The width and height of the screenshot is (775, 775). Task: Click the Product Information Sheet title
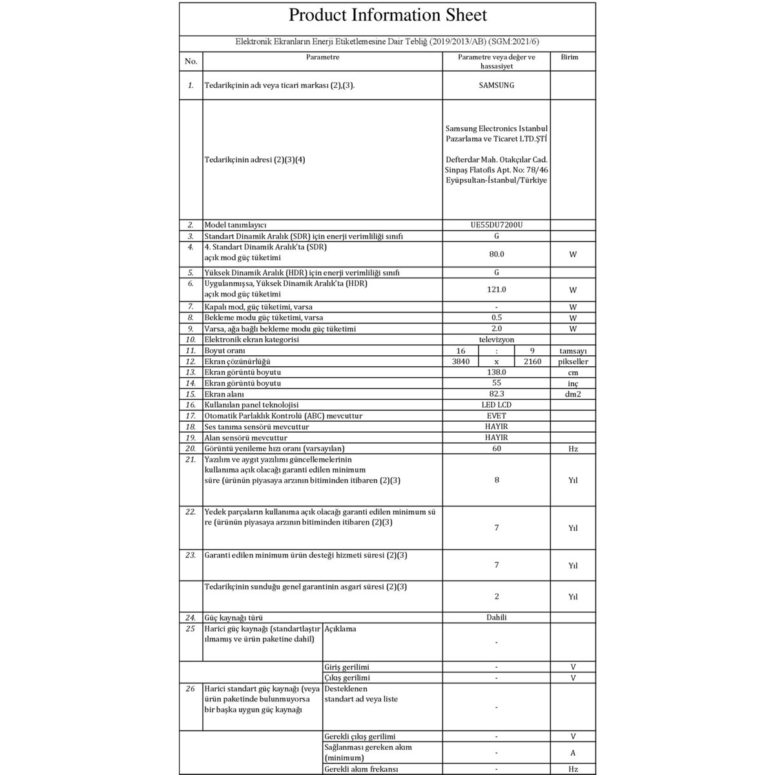tap(387, 15)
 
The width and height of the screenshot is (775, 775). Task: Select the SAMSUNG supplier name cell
tap(496, 85)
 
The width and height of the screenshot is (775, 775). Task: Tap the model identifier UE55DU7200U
tap(496, 225)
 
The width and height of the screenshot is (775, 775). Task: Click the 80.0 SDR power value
tap(496, 254)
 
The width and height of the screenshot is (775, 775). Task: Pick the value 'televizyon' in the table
tap(496, 340)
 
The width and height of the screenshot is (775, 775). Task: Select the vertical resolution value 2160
tap(532, 362)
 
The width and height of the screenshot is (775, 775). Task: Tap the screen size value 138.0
tap(496, 373)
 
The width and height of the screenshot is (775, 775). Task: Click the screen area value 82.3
tap(496, 394)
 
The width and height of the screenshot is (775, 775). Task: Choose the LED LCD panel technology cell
tap(496, 405)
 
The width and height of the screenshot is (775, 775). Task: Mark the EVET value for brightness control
tap(496, 416)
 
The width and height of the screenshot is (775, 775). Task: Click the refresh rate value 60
tap(496, 449)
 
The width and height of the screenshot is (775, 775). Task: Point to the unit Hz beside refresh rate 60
tap(573, 449)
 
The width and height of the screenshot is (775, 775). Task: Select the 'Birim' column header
tap(570, 57)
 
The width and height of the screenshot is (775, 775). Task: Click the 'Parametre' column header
tap(322, 57)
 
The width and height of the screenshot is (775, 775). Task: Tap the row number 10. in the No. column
tap(191, 340)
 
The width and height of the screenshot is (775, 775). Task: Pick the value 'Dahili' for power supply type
tap(496, 617)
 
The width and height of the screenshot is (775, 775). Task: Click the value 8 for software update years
tap(496, 480)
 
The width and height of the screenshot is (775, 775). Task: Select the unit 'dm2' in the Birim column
tap(573, 395)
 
